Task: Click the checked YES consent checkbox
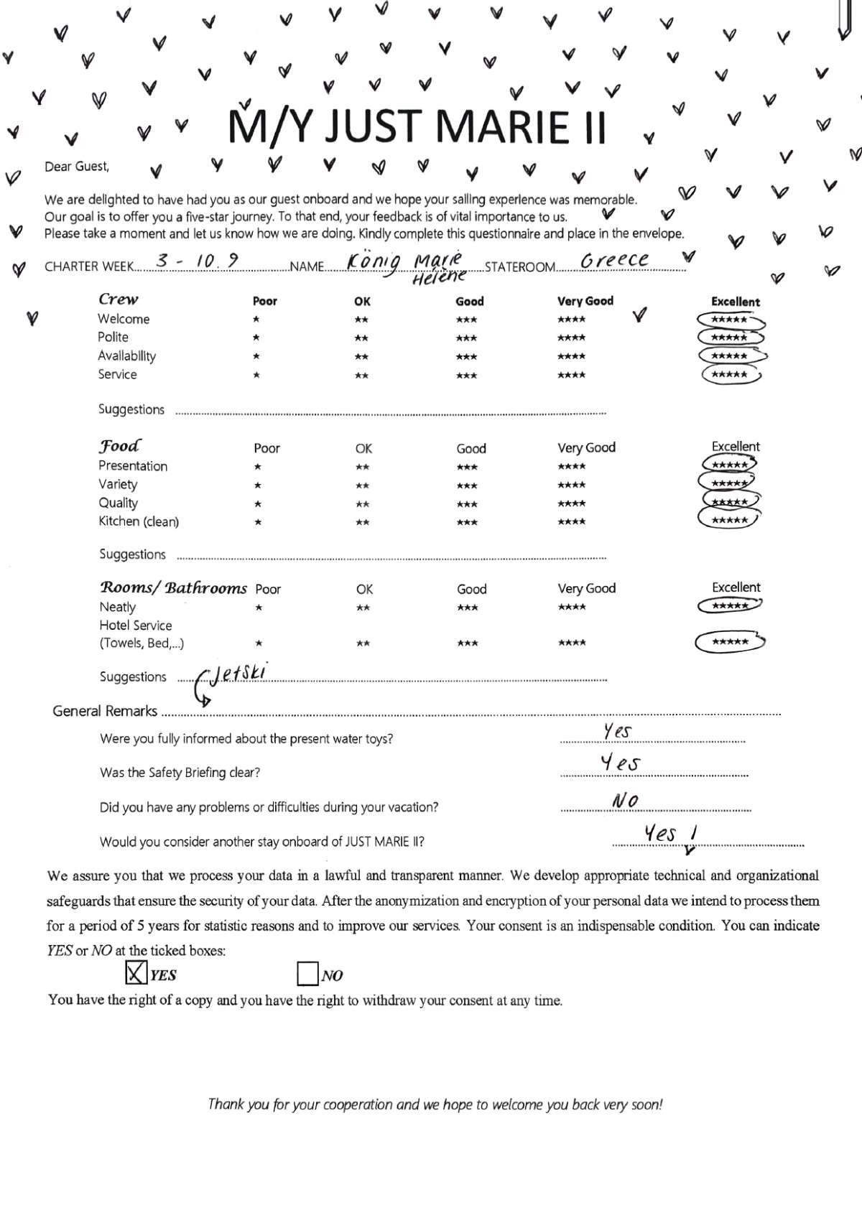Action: pos(135,973)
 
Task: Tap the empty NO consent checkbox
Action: pos(307,974)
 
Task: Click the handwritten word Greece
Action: pos(614,260)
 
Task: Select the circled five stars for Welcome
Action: pos(730,320)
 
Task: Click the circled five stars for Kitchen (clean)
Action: pos(729,519)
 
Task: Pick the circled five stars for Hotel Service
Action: pos(730,641)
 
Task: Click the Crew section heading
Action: pos(119,299)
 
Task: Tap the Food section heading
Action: pos(119,445)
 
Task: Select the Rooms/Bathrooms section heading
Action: pos(173,587)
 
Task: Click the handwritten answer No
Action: pos(625,800)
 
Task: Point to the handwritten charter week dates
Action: pos(198,261)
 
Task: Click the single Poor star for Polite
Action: pos(256,338)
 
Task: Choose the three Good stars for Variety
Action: pos(467,485)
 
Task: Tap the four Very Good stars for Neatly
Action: pos(572,607)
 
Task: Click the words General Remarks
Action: pos(105,711)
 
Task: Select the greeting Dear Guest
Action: pos(77,167)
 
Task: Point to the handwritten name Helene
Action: pos(439,276)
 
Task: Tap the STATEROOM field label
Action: pos(520,267)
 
